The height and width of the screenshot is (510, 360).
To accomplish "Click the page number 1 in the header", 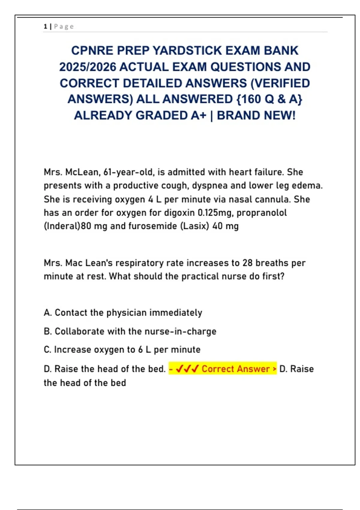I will tap(45, 26).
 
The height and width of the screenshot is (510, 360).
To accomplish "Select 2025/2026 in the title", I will tap(88, 67).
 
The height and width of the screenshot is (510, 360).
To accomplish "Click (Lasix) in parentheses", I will tap(195, 226).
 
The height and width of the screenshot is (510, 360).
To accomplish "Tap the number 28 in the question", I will tap(247, 263).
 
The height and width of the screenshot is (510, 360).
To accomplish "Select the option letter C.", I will tap(47, 349).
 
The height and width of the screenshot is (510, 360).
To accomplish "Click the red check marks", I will tap(187, 369).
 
